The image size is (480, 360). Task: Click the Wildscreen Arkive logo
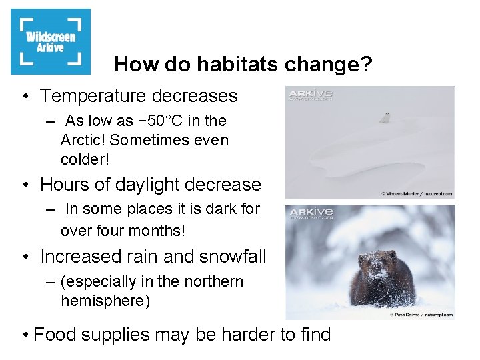pos(51,41)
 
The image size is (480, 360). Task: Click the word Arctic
pos(81,141)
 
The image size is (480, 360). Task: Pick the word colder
pos(83,160)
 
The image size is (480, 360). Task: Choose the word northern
pos(213,282)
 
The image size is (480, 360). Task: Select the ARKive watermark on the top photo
pos(310,95)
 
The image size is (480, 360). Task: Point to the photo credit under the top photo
pos(417,194)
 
